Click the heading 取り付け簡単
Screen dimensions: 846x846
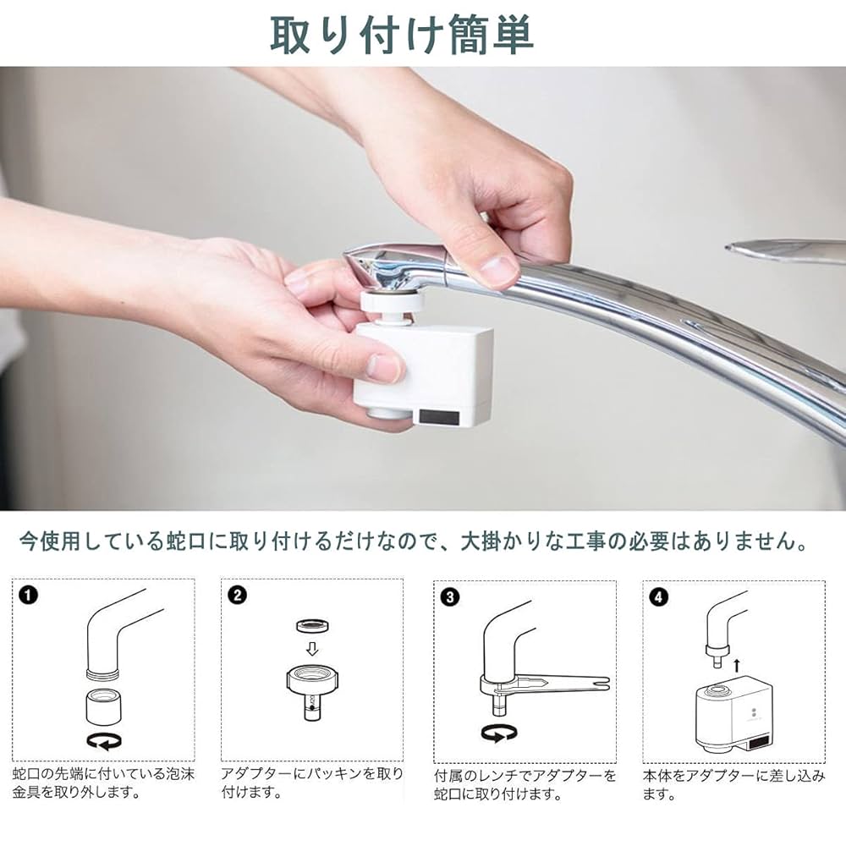(x=402, y=34)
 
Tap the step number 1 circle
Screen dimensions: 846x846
(x=29, y=596)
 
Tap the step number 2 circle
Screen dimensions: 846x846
(x=238, y=596)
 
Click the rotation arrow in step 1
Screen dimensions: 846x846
(x=103, y=741)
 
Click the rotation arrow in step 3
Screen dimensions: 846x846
(x=498, y=733)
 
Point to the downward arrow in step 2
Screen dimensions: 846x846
(x=312, y=650)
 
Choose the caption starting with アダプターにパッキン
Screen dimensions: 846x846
(x=311, y=784)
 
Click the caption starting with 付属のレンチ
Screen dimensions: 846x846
(x=525, y=784)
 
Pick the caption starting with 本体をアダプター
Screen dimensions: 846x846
(x=733, y=784)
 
